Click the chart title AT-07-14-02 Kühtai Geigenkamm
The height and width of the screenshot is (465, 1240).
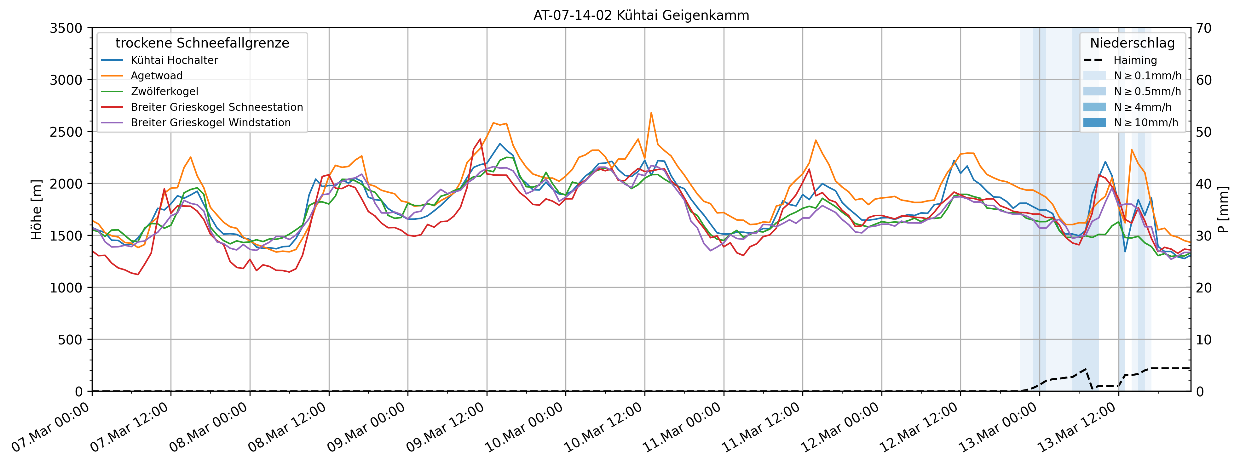pyautogui.click(x=641, y=15)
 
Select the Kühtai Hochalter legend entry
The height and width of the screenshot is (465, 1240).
pyautogui.click(x=174, y=60)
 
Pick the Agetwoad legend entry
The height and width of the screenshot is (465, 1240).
pyautogui.click(x=156, y=76)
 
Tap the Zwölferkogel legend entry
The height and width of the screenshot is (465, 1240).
pyautogui.click(x=164, y=91)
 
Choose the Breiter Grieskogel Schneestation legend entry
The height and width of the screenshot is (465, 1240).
pyautogui.click(x=216, y=107)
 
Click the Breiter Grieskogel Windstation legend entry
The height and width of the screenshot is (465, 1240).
pyautogui.click(x=211, y=122)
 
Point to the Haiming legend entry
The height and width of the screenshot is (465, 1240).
pyautogui.click(x=1134, y=60)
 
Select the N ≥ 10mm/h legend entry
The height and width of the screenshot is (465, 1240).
pyautogui.click(x=1146, y=122)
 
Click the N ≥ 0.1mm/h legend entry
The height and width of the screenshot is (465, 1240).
pyautogui.click(x=1147, y=76)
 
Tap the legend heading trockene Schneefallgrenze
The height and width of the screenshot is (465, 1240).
pyautogui.click(x=202, y=43)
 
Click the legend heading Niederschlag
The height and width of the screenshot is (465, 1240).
pyautogui.click(x=1132, y=43)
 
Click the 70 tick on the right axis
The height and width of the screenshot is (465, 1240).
pyautogui.click(x=1203, y=28)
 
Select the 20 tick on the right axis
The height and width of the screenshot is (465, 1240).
pyautogui.click(x=1203, y=287)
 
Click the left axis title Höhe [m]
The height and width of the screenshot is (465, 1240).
pyautogui.click(x=37, y=210)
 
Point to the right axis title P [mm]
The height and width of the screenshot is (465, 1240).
pyautogui.click(x=1224, y=210)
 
